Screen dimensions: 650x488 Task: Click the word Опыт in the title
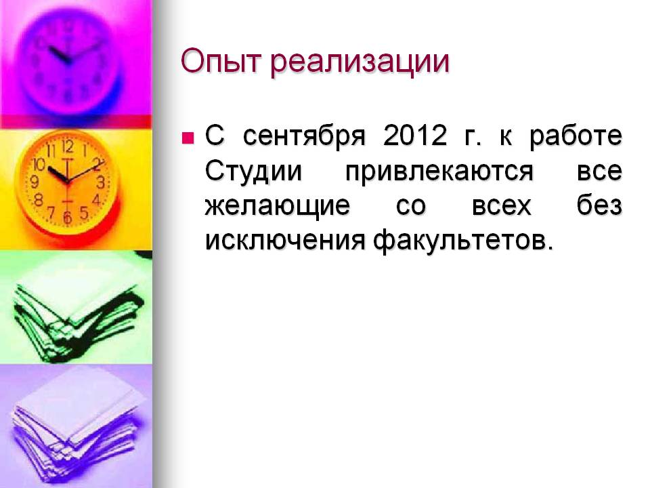coord(222,62)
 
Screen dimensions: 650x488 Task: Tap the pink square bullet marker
coord(188,138)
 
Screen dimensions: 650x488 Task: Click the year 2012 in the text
coord(415,136)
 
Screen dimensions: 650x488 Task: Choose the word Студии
coord(253,171)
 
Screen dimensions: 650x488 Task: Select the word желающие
coord(278,206)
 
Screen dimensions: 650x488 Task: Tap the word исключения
coord(285,240)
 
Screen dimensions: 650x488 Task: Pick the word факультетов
coord(463,241)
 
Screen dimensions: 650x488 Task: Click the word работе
coord(576,136)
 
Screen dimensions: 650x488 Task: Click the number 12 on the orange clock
coord(68,146)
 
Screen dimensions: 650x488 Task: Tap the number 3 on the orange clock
coord(100,182)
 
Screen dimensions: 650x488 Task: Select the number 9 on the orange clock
coord(35,182)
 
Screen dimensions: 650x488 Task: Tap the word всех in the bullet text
coord(501,206)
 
